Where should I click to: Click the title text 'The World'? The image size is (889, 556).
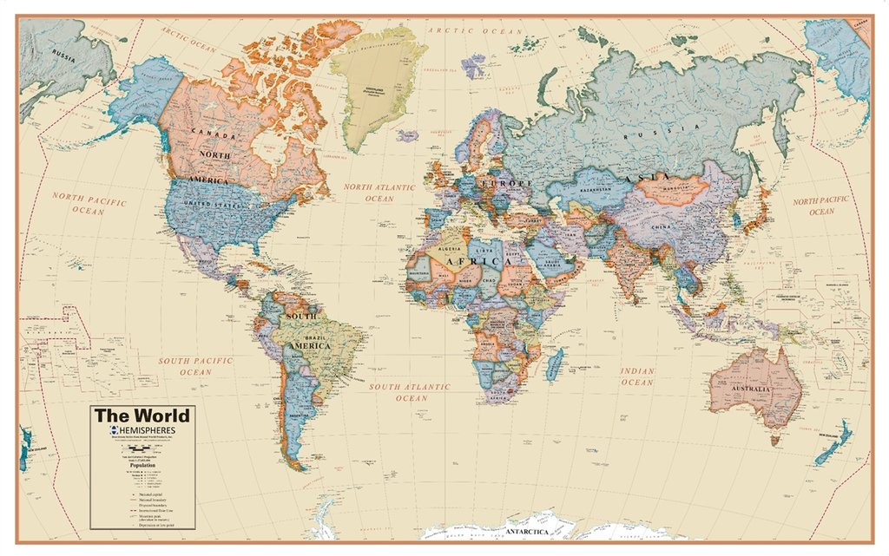click(142, 415)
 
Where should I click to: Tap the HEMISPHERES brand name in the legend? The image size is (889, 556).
click(147, 431)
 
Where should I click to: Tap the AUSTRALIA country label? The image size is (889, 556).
click(752, 389)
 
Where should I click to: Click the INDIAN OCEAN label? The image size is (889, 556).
click(636, 376)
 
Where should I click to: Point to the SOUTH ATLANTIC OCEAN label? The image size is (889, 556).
click(411, 392)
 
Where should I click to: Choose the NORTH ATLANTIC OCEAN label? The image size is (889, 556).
click(379, 193)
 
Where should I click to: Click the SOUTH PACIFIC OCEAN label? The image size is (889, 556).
click(195, 365)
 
